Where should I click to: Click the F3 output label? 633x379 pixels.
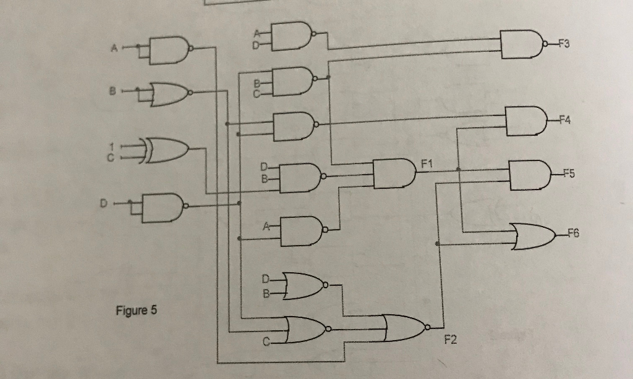563,44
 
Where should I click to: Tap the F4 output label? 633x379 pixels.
563,121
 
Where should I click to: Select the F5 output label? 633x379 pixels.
567,173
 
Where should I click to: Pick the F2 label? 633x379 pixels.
450,339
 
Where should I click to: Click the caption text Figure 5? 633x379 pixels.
136,310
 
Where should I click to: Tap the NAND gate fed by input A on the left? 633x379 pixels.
167,49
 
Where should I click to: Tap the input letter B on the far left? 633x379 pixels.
112,91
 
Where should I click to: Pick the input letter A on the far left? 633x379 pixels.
114,48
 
